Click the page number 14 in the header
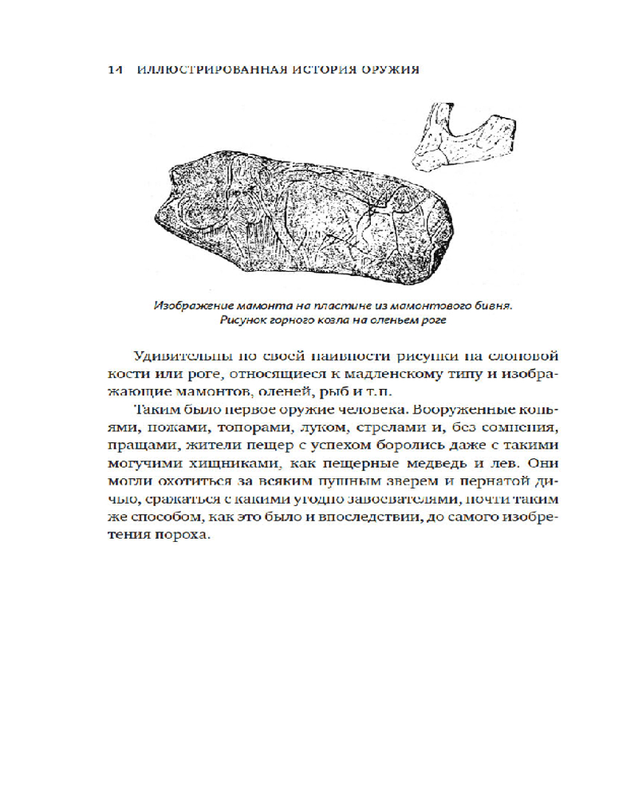coord(113,70)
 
